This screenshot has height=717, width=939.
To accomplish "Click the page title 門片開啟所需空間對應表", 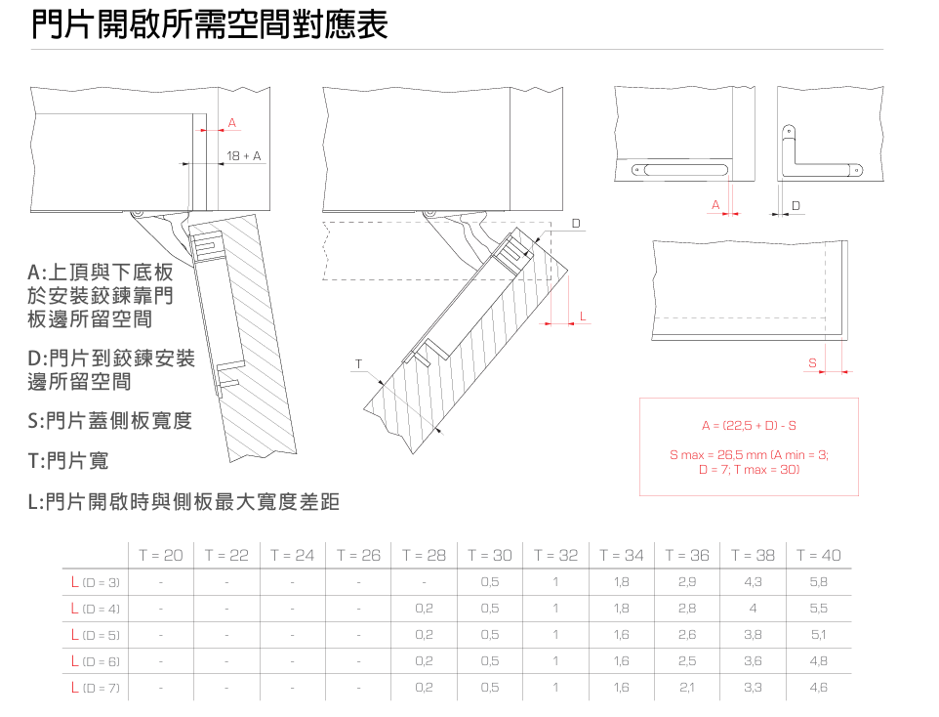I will (210, 24).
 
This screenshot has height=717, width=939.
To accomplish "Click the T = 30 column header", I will (490, 555).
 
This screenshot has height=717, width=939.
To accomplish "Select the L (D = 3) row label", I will (96, 582).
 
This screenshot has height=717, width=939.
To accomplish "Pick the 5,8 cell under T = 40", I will (818, 582).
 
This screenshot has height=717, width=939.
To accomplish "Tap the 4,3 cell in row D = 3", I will (753, 582).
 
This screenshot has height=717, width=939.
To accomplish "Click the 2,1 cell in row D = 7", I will (687, 688).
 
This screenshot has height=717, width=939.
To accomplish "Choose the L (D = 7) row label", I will (96, 688).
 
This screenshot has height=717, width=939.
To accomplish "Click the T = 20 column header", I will (161, 555).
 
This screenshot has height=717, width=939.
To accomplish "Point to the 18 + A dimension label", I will (244, 156).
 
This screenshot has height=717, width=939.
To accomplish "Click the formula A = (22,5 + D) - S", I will (749, 426).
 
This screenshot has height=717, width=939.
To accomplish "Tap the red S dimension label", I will (812, 362).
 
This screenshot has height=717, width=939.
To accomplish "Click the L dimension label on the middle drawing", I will (583, 316).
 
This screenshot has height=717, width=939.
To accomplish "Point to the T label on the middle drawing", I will (358, 363).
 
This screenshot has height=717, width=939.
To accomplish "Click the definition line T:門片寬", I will (68, 460).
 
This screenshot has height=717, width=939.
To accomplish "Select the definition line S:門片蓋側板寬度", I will (109, 421).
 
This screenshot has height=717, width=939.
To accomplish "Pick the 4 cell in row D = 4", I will (753, 609).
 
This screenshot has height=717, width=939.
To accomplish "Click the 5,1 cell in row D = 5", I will (818, 635).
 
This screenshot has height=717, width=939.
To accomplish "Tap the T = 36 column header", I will (687, 555).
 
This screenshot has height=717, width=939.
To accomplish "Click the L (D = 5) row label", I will (96, 635).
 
